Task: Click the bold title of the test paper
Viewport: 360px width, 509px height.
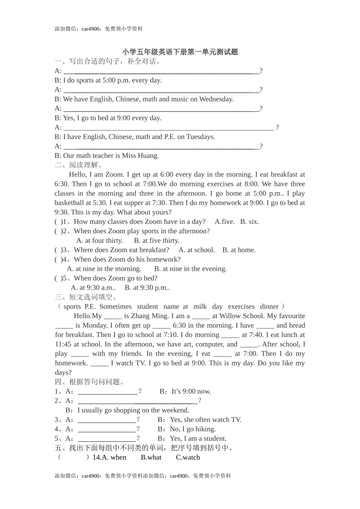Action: click(x=180, y=52)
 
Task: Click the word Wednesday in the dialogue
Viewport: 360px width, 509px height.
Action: click(x=216, y=99)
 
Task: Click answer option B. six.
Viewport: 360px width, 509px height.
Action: click(x=249, y=222)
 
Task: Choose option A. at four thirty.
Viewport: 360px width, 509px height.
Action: click(x=100, y=240)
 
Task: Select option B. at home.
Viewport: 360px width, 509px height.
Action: click(x=239, y=250)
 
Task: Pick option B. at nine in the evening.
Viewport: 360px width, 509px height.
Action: click(x=190, y=269)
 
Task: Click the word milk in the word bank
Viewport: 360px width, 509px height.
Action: click(x=200, y=307)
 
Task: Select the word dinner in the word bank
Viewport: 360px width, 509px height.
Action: click(x=269, y=307)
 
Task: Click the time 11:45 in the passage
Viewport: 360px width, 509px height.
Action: click(x=63, y=344)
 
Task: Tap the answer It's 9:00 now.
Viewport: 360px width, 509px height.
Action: click(x=191, y=392)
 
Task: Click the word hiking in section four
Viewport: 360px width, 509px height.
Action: click(x=205, y=429)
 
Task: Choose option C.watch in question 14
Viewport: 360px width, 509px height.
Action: click(x=188, y=457)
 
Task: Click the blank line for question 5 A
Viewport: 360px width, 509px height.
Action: click(x=106, y=439)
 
